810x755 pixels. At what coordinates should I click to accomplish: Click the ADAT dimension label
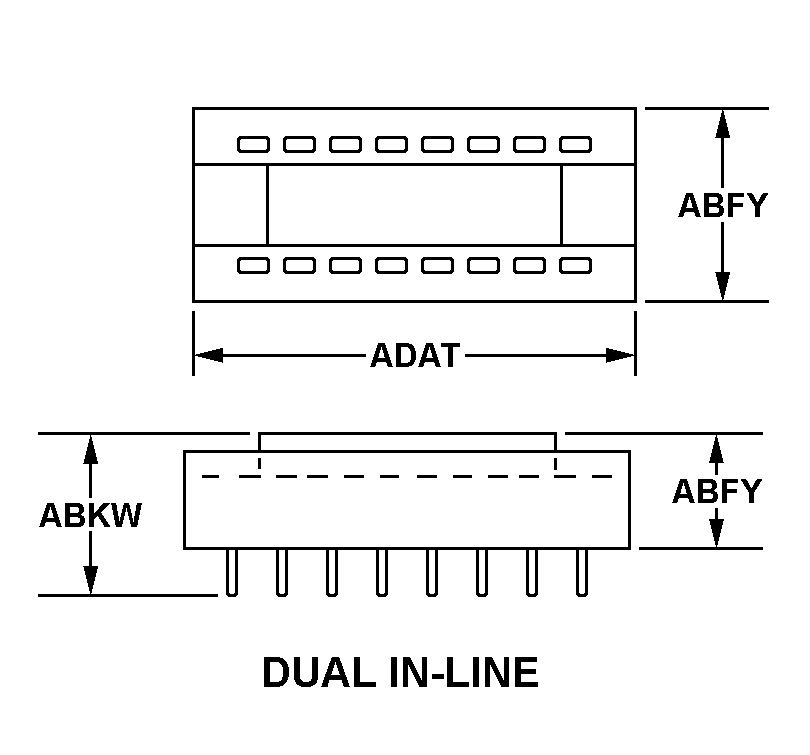click(414, 356)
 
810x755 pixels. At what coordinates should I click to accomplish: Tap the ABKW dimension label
click(90, 515)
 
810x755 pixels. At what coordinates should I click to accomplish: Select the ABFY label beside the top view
click(722, 205)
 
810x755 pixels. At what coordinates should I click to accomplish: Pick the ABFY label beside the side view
click(716, 492)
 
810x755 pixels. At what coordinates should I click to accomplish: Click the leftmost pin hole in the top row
click(253, 145)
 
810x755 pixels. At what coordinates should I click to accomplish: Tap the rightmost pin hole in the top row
click(575, 145)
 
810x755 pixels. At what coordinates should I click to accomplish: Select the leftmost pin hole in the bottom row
click(253, 265)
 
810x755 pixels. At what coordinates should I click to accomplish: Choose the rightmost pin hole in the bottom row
click(575, 265)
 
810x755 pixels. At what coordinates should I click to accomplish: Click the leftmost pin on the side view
click(232, 572)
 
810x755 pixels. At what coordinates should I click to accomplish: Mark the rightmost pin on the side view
click(581, 572)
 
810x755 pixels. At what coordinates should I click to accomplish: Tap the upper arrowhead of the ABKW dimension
click(91, 448)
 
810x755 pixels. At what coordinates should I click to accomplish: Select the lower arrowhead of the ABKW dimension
click(91, 581)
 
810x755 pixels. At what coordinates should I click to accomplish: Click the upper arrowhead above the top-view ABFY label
click(722, 122)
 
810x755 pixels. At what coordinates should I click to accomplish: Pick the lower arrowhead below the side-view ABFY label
click(716, 534)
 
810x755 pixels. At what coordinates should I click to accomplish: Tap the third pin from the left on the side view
click(332, 572)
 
